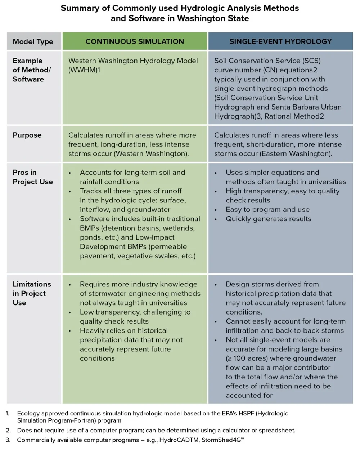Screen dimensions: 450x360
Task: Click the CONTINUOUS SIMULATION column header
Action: [135, 41]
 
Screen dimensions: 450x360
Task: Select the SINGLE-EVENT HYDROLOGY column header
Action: [280, 41]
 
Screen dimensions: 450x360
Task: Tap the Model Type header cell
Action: [33, 41]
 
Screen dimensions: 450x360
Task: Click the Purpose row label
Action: [27, 135]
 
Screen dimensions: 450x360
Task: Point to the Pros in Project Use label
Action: [33, 177]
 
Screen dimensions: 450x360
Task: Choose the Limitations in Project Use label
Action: [32, 293]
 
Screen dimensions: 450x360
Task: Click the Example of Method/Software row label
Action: [32, 70]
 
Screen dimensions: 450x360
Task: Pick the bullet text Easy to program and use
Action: [267, 209]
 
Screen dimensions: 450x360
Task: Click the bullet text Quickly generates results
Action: [268, 219]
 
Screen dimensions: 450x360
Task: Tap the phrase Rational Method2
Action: [294, 116]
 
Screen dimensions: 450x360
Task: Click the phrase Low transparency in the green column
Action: [105, 312]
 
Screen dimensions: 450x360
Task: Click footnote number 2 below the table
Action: [8, 430]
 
